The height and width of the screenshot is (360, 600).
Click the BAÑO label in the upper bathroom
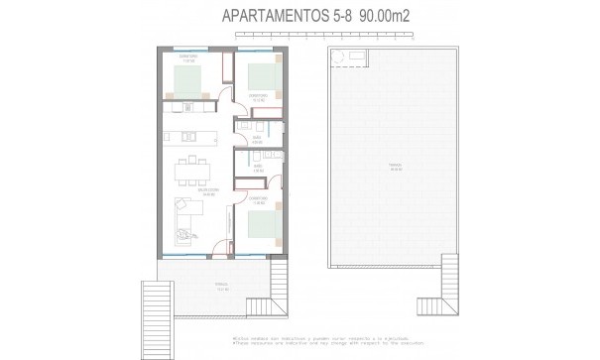coord(256,139)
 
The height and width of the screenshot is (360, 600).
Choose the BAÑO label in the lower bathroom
coord(256,169)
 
